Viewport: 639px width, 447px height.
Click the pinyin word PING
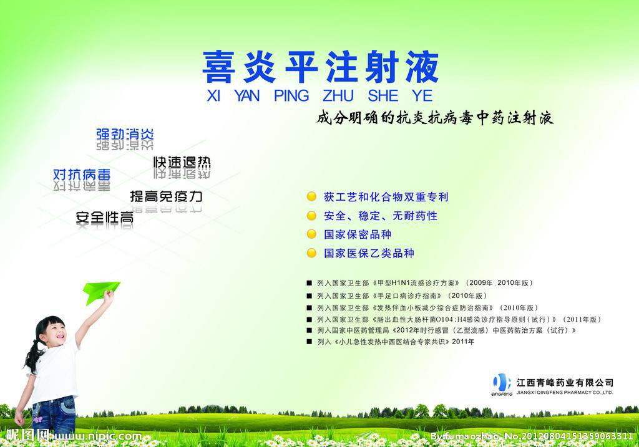tap(291, 95)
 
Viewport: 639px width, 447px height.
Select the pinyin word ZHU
tap(338, 95)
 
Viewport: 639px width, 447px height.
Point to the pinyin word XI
tap(213, 95)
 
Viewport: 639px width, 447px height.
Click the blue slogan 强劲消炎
tap(125, 134)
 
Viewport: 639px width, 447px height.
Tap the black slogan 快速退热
tap(182, 162)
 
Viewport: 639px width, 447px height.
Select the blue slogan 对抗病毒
tap(82, 174)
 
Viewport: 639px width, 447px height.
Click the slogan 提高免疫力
tap(166, 196)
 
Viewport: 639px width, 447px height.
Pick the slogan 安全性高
tap(105, 218)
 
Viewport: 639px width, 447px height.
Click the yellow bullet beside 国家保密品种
tap(311, 234)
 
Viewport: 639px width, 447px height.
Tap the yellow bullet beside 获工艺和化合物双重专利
tap(311, 196)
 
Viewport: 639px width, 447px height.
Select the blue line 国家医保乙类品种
tap(369, 253)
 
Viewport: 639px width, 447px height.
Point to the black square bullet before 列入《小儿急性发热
tap(310, 342)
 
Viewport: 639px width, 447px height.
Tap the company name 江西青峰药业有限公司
tap(565, 383)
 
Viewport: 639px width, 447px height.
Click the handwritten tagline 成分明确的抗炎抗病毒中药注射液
tap(435, 118)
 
